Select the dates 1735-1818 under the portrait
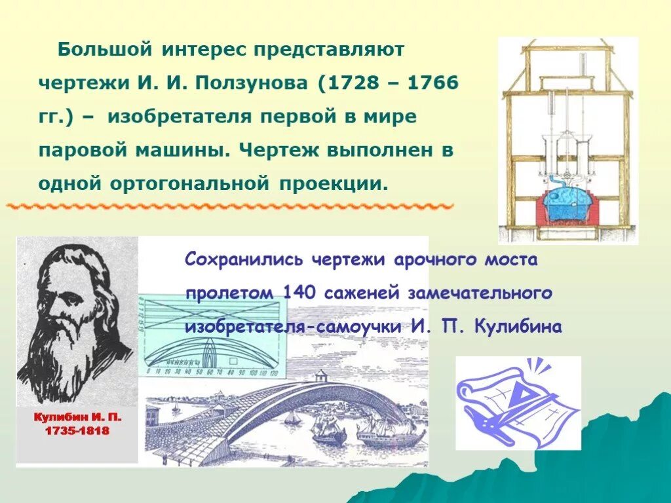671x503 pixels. (x=78, y=432)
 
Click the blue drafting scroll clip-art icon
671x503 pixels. (x=518, y=402)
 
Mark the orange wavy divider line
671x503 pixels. (x=229, y=206)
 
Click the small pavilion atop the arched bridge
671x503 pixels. (x=320, y=376)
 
